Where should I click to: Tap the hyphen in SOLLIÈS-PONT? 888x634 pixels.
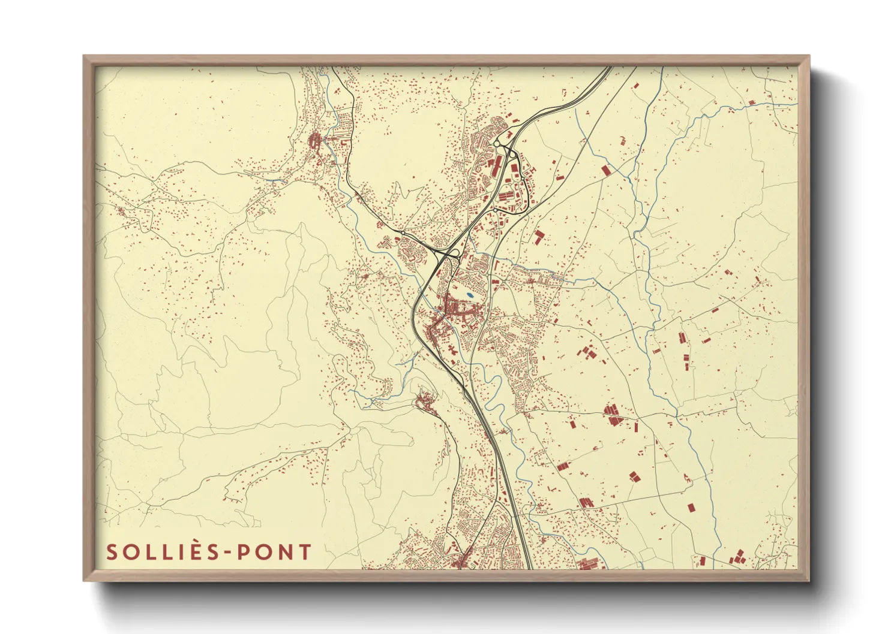[x=225, y=553]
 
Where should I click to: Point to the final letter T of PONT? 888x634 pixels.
[x=305, y=552]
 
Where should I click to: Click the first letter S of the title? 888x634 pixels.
[x=112, y=552]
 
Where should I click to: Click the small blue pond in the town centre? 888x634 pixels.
[x=469, y=295]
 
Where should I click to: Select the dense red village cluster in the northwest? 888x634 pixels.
[x=314, y=142]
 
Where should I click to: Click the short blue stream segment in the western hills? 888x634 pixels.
[x=360, y=396]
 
